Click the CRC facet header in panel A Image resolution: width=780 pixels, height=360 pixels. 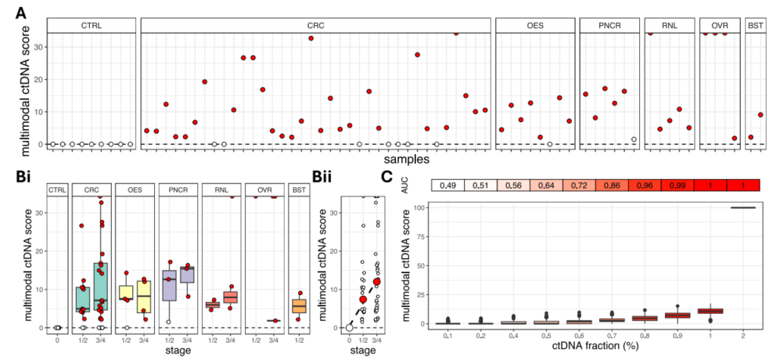pos(315,26)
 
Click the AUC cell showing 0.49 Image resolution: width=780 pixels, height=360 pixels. pos(448,185)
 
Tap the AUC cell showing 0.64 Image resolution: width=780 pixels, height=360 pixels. pos(546,185)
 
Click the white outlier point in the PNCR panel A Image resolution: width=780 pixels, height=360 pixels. pos(634,139)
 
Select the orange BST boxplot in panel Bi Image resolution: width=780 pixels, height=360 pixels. pos(297,306)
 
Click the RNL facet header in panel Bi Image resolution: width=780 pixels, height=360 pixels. pos(221,189)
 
